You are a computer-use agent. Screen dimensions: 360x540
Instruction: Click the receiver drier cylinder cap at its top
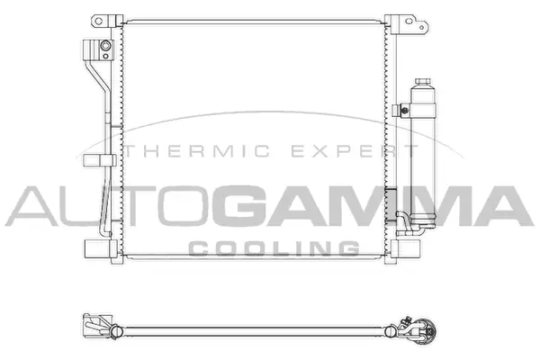click(x=422, y=84)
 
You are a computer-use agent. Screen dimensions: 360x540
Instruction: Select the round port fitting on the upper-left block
click(x=105, y=47)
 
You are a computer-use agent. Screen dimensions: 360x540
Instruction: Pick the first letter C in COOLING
click(x=202, y=247)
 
